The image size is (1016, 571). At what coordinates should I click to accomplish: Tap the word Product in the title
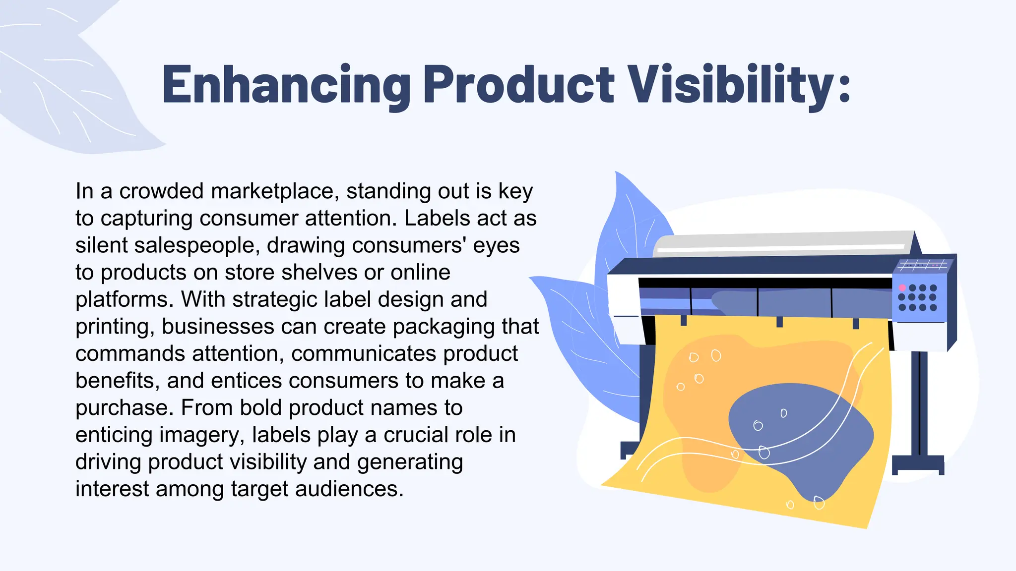(519, 84)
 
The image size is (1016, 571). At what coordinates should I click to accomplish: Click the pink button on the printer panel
(902, 288)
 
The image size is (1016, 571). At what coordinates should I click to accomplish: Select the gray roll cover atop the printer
(784, 243)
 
